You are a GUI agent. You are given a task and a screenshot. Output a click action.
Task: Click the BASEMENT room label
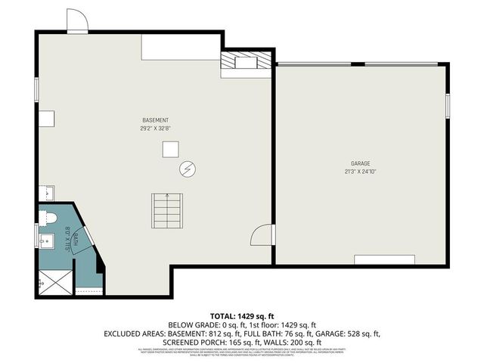point(155,120)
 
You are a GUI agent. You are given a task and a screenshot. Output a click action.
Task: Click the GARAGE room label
point(359,163)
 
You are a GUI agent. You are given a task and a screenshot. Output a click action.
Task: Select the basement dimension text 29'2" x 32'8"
point(155,128)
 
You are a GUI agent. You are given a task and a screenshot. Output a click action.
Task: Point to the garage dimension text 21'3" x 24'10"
point(359,171)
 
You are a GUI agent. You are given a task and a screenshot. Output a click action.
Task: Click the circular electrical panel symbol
point(187,169)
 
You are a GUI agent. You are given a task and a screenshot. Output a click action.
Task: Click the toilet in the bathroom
point(48,218)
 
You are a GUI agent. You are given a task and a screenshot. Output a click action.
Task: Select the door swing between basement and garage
point(261,235)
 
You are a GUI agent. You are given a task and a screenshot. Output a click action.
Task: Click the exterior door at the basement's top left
point(77,20)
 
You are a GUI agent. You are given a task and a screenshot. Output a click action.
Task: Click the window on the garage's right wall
point(448,105)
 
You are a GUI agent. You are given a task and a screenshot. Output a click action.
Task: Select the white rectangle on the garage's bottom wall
point(384,260)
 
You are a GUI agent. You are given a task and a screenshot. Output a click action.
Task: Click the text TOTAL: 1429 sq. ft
point(241,316)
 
